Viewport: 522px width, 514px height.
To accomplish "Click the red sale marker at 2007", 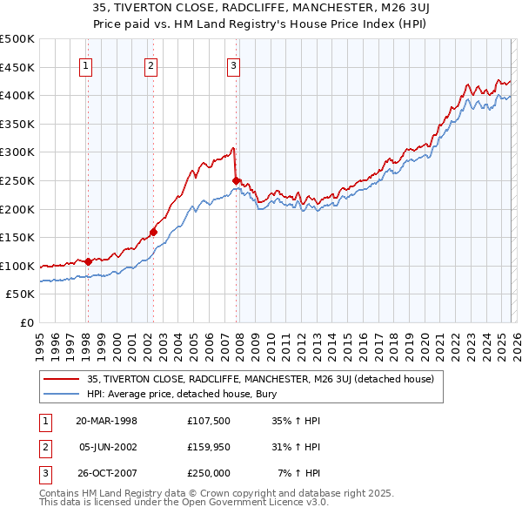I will [236, 180].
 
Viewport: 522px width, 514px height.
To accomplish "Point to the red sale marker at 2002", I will [153, 232].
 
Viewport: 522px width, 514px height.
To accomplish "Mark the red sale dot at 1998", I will [88, 261].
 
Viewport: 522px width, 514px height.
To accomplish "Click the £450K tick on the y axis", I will [17, 67].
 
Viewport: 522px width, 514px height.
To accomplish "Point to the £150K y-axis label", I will [17, 238].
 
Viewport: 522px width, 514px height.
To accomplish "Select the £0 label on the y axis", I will [26, 323].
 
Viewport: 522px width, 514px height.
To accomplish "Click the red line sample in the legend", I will [62, 379].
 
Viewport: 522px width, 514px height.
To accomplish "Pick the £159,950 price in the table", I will [209, 447].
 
